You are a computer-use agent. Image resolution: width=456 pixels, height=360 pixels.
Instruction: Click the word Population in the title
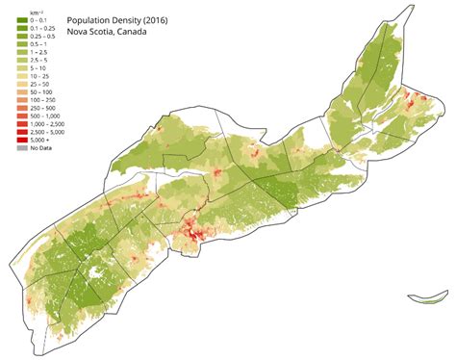(91, 18)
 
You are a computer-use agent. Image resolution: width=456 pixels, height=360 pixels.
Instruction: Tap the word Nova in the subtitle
(79, 30)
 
